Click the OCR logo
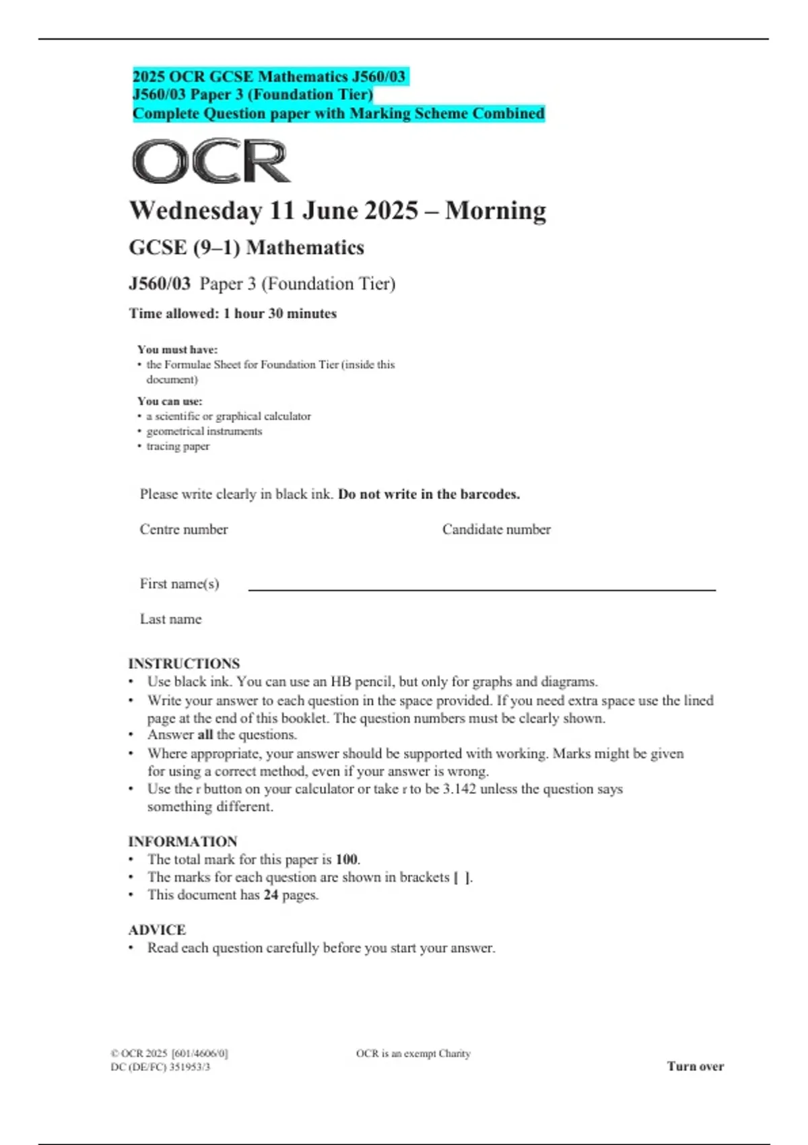(x=211, y=162)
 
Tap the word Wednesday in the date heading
(x=195, y=211)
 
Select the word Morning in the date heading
(x=496, y=211)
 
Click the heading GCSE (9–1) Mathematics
(x=246, y=248)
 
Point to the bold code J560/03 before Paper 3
(x=160, y=284)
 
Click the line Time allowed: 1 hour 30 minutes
(x=233, y=314)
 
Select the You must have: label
(x=178, y=350)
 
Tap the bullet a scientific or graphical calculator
(x=228, y=416)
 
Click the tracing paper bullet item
(x=178, y=446)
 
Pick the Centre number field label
(x=184, y=529)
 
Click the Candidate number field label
(x=496, y=529)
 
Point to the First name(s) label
(x=180, y=584)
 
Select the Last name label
(x=171, y=619)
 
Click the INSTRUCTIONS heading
(x=184, y=663)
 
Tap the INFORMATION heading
(x=182, y=841)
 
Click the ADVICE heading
(x=157, y=929)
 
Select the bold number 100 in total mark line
(x=347, y=859)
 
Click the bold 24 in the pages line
(x=271, y=895)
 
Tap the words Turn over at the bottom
(x=696, y=1066)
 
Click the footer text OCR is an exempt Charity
(x=413, y=1053)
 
